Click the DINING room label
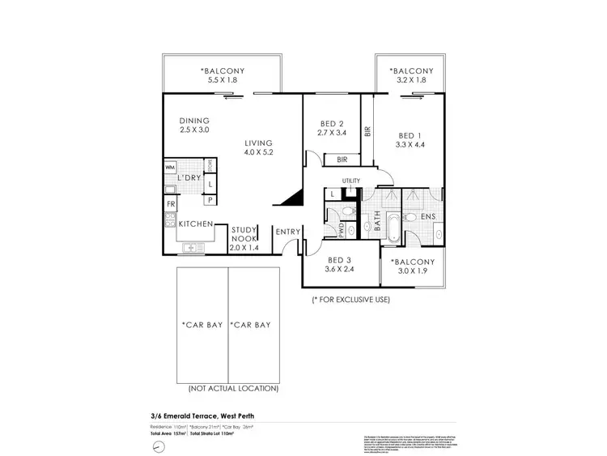[x=194, y=121]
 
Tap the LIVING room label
[x=259, y=143]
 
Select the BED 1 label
[x=410, y=135]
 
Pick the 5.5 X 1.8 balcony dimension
[x=223, y=81]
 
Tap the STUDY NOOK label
[x=244, y=234]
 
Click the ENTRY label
[x=287, y=232]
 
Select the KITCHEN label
[x=195, y=224]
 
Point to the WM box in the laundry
[x=170, y=168]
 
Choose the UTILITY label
[x=350, y=181]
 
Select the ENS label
[x=427, y=218]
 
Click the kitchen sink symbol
[x=191, y=247]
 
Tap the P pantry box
[x=210, y=199]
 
